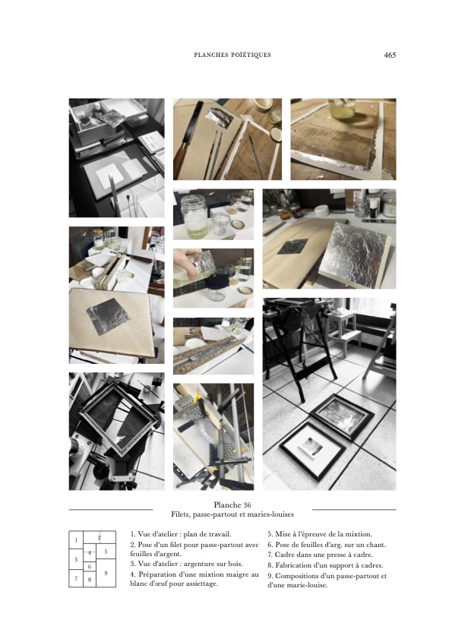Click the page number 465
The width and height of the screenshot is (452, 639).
click(390, 55)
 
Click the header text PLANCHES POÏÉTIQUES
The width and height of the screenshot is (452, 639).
click(232, 55)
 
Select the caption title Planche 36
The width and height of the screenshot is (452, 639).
click(232, 505)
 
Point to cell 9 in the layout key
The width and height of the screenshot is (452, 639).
click(106, 573)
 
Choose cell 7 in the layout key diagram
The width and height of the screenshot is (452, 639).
click(76, 578)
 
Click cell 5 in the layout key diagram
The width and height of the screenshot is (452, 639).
click(106, 552)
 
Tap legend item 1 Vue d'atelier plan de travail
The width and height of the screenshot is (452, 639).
click(181, 534)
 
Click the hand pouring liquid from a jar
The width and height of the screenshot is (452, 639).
click(187, 261)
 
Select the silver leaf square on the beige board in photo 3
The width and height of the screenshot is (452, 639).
click(109, 316)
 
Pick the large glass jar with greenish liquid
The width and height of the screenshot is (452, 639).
click(194, 216)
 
